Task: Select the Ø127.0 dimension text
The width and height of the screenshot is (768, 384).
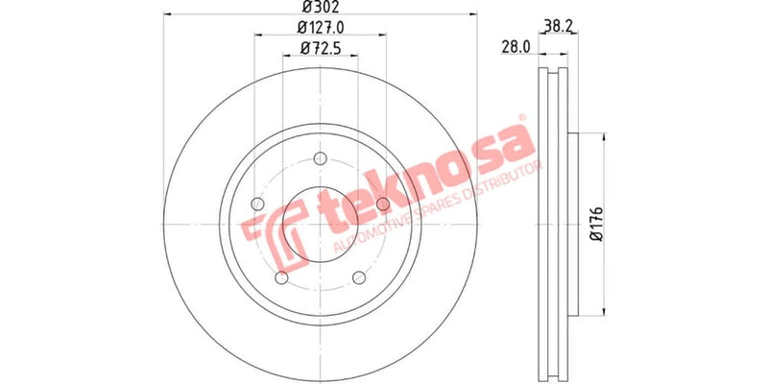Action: [x=321, y=28]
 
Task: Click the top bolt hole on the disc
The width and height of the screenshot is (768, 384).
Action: [x=320, y=161]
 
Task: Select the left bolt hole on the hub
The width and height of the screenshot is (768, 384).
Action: [x=256, y=204]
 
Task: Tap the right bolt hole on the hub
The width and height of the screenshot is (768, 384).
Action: [x=383, y=204]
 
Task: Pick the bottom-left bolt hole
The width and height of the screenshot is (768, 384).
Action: [x=281, y=278]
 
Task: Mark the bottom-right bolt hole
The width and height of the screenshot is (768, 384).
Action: [x=360, y=278]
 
